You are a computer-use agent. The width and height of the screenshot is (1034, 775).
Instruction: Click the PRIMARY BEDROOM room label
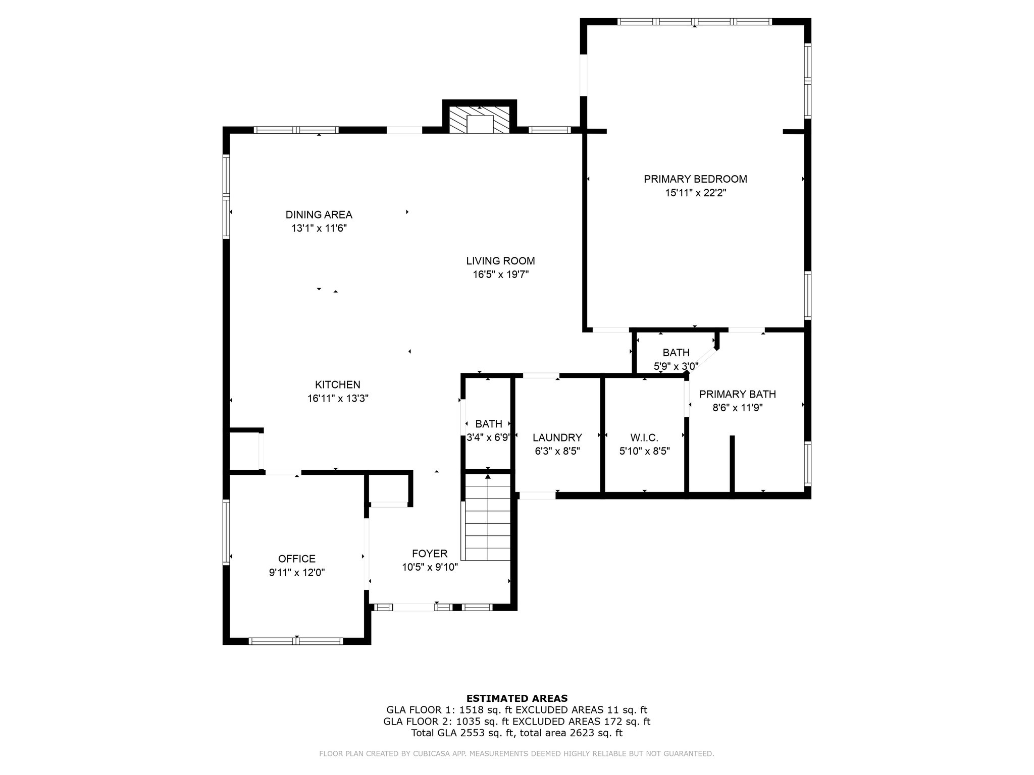point(695,179)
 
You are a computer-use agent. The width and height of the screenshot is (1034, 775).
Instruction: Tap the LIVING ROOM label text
point(500,261)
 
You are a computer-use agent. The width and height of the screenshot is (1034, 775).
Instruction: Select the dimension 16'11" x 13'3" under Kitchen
point(338,399)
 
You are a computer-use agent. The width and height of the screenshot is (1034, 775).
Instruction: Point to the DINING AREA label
point(319,215)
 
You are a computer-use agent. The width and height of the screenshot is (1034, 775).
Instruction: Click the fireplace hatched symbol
point(480,120)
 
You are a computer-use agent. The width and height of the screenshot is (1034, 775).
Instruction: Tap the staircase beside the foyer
point(488,517)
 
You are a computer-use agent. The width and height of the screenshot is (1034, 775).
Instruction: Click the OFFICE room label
point(297,559)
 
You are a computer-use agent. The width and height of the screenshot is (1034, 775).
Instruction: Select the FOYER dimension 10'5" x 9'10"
point(430,567)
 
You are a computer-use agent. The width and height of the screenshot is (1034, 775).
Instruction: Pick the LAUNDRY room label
point(557,437)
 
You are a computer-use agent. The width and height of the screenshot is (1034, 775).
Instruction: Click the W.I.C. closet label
point(644,437)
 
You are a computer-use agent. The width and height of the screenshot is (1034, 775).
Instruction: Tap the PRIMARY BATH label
point(738,394)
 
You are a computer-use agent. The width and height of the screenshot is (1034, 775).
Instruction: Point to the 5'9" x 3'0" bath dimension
point(676,366)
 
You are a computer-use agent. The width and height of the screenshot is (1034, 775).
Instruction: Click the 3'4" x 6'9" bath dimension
point(488,437)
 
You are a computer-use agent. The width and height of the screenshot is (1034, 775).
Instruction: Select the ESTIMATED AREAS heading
point(517,698)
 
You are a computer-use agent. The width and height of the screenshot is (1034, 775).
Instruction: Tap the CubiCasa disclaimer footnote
point(516,754)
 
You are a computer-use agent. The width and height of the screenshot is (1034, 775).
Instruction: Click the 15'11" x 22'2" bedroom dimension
point(695,193)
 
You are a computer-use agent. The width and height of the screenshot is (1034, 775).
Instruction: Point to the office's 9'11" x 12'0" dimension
point(297,573)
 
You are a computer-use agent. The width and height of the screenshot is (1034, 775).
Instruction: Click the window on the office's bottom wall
point(296,641)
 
